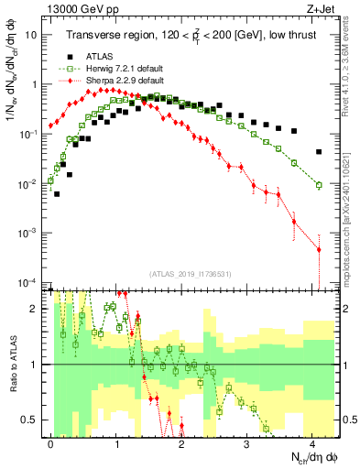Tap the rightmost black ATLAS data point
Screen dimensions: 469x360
319,152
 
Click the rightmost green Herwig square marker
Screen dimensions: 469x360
319,185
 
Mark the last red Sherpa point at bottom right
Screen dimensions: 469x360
319,249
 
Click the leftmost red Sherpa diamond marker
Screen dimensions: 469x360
50,126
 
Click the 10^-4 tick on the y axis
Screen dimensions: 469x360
27,282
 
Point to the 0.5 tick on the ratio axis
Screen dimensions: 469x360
31,420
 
